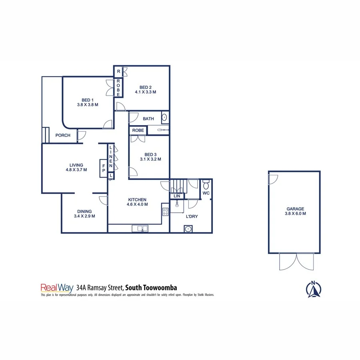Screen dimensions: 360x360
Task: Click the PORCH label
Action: pyautogui.click(x=63, y=135)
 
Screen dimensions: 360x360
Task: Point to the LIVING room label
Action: pyautogui.click(x=76, y=165)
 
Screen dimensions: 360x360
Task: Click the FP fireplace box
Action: pyautogui.click(x=104, y=167)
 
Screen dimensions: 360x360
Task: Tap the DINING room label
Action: pyautogui.click(x=84, y=212)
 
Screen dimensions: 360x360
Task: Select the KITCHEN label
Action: pyautogui.click(x=137, y=200)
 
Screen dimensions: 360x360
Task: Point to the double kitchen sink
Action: pyautogui.click(x=140, y=229)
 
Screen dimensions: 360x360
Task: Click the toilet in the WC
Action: pyautogui.click(x=206, y=185)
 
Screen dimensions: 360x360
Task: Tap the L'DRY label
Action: pyautogui.click(x=192, y=216)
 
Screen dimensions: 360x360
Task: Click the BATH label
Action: pyautogui.click(x=148, y=118)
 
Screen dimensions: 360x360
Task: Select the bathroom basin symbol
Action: pyautogui.click(x=164, y=118)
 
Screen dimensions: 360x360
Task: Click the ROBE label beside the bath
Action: pyautogui.click(x=138, y=130)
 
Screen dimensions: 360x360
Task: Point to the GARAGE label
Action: pyautogui.click(x=295, y=209)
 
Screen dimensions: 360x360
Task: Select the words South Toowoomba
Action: pyautogui.click(x=151, y=287)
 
